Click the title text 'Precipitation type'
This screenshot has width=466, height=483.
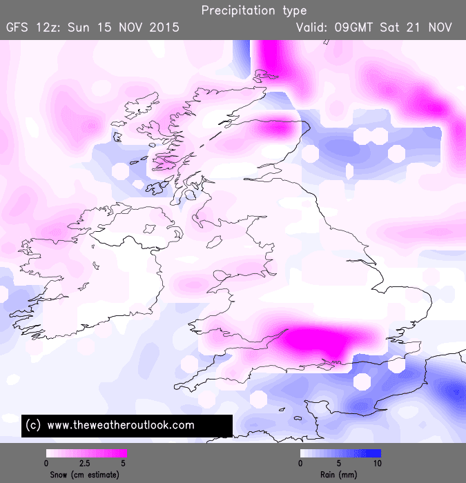pos(254,11)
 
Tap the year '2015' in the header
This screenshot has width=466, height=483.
pos(166,28)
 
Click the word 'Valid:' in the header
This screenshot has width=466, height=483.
pos(314,28)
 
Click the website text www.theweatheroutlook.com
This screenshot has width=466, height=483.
pos(122,425)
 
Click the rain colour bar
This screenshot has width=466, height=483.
pos(340,454)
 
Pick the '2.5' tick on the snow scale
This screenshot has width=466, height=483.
pos(86,464)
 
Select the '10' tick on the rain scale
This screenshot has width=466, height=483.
pos(378,464)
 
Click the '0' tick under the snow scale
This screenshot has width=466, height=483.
pos(46,464)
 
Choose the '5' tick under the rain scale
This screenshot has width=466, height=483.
pos(339,464)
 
